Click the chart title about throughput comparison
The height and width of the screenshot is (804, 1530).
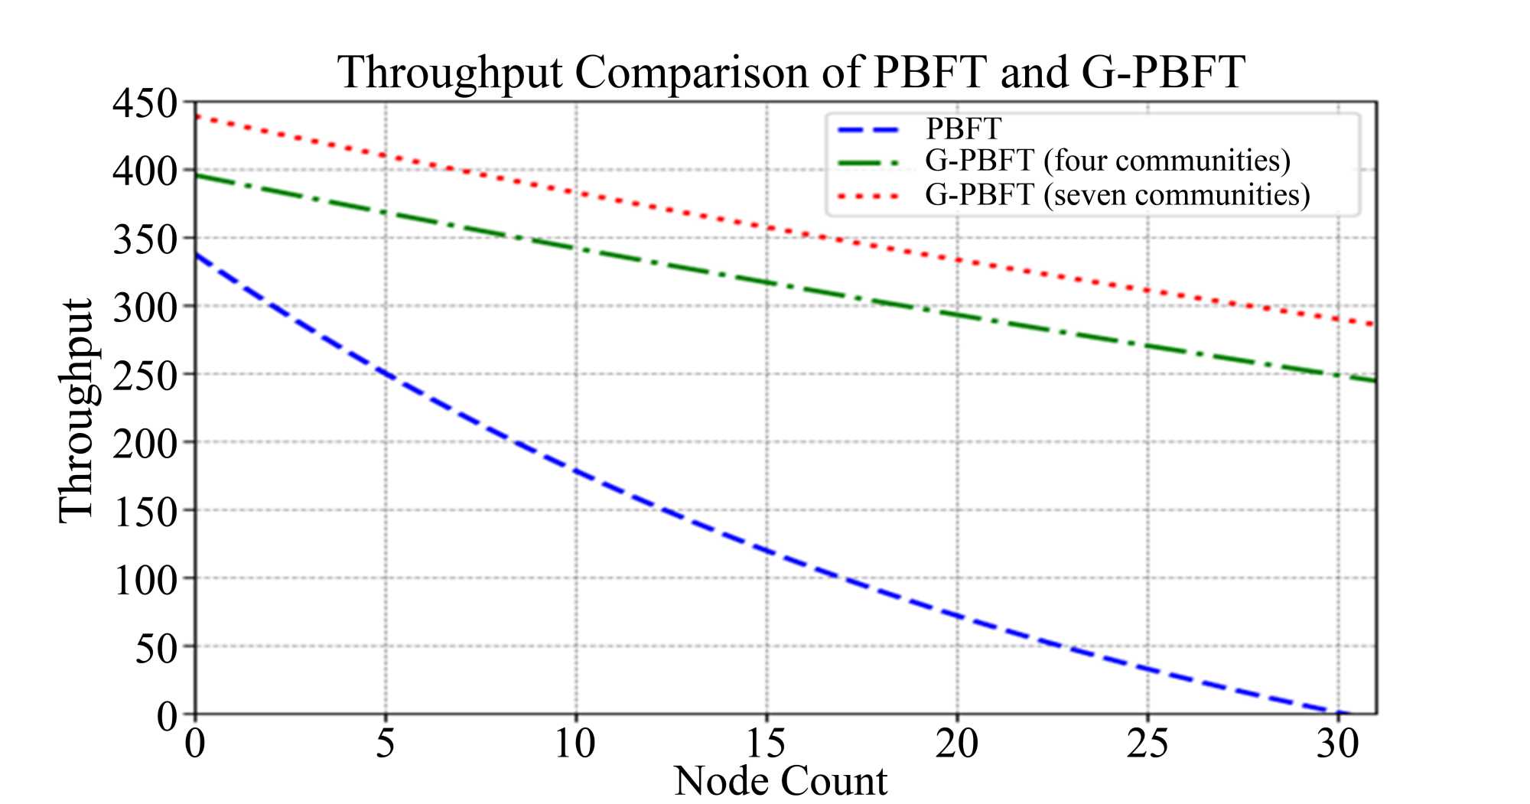pyautogui.click(x=791, y=73)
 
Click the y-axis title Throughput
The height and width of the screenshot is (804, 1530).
pyautogui.click(x=76, y=410)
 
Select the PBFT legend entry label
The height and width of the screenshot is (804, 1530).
pyautogui.click(x=963, y=129)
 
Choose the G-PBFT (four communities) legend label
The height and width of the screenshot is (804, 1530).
pyautogui.click(x=1108, y=161)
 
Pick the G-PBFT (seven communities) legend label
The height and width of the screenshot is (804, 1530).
pyautogui.click(x=1117, y=195)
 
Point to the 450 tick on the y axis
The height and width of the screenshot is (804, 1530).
pyautogui.click(x=145, y=103)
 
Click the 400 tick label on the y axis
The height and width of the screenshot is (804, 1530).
pyautogui.click(x=145, y=171)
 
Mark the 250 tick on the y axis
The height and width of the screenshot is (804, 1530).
pyautogui.click(x=145, y=375)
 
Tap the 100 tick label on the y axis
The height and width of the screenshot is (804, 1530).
pyautogui.click(x=145, y=580)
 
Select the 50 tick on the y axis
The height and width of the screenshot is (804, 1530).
pyautogui.click(x=156, y=648)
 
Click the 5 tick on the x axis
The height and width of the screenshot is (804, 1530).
pyautogui.click(x=386, y=743)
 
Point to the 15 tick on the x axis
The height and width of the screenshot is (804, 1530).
pyautogui.click(x=767, y=743)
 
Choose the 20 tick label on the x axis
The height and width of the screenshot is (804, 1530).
pyautogui.click(x=957, y=743)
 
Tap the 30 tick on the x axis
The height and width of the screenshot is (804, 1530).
pyautogui.click(x=1338, y=743)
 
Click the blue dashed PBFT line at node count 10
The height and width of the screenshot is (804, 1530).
pyautogui.click(x=576, y=472)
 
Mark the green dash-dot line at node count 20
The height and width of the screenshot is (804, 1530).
pyautogui.click(x=957, y=314)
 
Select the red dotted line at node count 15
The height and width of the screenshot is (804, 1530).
pyautogui.click(x=767, y=227)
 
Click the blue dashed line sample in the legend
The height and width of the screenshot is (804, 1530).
pyautogui.click(x=870, y=129)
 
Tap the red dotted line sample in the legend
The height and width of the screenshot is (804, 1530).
pyautogui.click(x=870, y=196)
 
